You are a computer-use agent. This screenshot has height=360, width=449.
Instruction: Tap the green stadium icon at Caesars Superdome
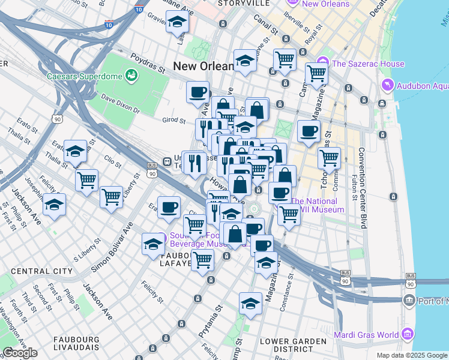(x=131, y=76)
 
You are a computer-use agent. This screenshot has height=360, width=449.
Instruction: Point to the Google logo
(x=20, y=353)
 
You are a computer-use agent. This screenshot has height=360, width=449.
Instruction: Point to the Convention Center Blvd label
(x=362, y=188)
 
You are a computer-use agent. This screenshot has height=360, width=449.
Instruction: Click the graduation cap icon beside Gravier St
(x=178, y=23)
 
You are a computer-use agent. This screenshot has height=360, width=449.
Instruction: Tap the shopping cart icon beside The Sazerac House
(x=316, y=74)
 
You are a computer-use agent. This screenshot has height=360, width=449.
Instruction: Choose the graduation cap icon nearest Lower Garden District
(x=250, y=304)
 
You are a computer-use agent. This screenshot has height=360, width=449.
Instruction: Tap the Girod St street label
(x=173, y=119)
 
